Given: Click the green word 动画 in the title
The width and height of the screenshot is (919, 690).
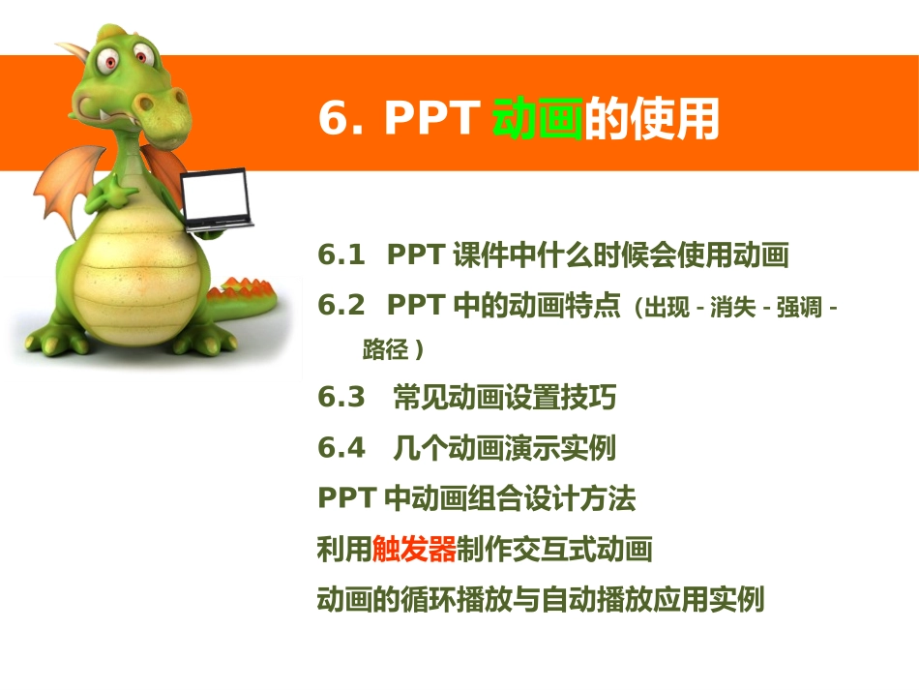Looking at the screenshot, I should tap(537, 120).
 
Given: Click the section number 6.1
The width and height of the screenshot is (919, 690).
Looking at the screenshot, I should tap(341, 255).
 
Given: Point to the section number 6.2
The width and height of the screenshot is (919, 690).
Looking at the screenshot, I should tap(341, 306).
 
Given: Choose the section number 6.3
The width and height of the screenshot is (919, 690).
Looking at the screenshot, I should tap(341, 398).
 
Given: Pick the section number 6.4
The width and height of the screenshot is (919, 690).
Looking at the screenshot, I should tap(341, 448).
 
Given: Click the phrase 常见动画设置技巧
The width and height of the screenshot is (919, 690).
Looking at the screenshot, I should tap(504, 398).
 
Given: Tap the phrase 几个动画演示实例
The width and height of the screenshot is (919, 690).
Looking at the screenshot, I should tap(504, 448).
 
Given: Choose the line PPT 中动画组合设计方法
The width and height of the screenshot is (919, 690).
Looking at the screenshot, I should tap(476, 499).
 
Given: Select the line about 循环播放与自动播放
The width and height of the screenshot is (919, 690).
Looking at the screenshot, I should tap(540, 600).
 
